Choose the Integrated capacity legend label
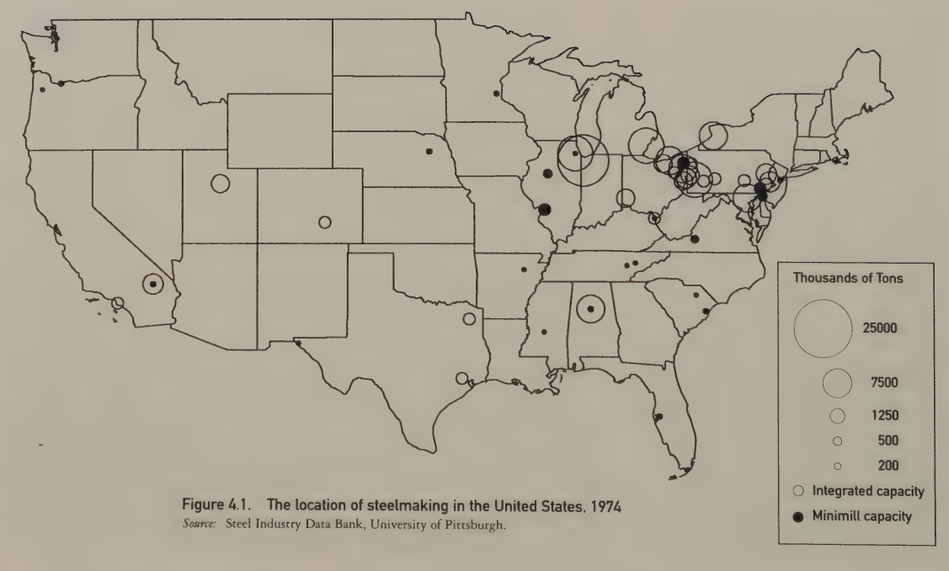(865, 491)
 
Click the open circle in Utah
(221, 183)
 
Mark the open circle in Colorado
(325, 222)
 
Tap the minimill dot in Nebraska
(429, 152)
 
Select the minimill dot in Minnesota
(497, 93)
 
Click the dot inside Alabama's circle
(591, 309)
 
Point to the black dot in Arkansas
(525, 269)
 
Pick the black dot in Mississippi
(543, 331)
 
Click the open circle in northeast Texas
(468, 318)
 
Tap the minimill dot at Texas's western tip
(299, 343)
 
